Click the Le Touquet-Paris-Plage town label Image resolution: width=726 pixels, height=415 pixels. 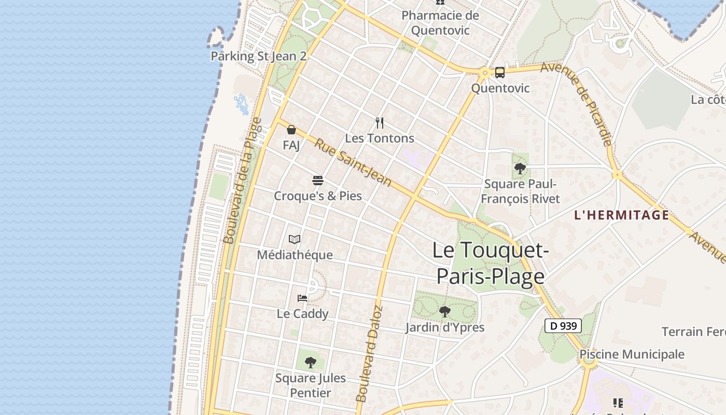tap(491, 263)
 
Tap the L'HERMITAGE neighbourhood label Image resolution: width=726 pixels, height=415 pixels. tap(622, 215)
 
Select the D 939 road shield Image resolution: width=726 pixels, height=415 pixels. tap(563, 326)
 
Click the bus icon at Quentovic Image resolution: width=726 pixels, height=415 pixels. tap(500, 73)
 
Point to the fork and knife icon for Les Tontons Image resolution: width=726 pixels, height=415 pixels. tap(380, 123)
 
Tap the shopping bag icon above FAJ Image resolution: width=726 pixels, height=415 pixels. tap(291, 130)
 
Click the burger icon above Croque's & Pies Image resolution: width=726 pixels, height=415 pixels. tap(318, 181)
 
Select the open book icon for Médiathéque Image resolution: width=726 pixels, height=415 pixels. tap(295, 239)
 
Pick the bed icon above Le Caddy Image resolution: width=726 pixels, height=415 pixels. tap(302, 298)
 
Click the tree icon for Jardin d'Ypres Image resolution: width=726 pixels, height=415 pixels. tap(444, 311)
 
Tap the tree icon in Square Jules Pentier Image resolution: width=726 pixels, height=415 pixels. tap(311, 363)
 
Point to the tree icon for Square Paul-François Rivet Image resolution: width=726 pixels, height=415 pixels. tap(520, 168)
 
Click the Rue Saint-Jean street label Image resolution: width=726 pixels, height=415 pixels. tap(353, 162)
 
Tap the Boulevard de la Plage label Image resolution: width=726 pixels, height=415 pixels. tap(243, 181)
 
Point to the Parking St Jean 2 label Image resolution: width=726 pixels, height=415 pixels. tap(258, 56)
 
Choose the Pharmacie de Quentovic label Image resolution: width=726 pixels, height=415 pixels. tap(440, 23)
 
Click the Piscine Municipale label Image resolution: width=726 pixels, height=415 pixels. tap(632, 354)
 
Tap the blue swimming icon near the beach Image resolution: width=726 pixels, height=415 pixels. tap(241, 104)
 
